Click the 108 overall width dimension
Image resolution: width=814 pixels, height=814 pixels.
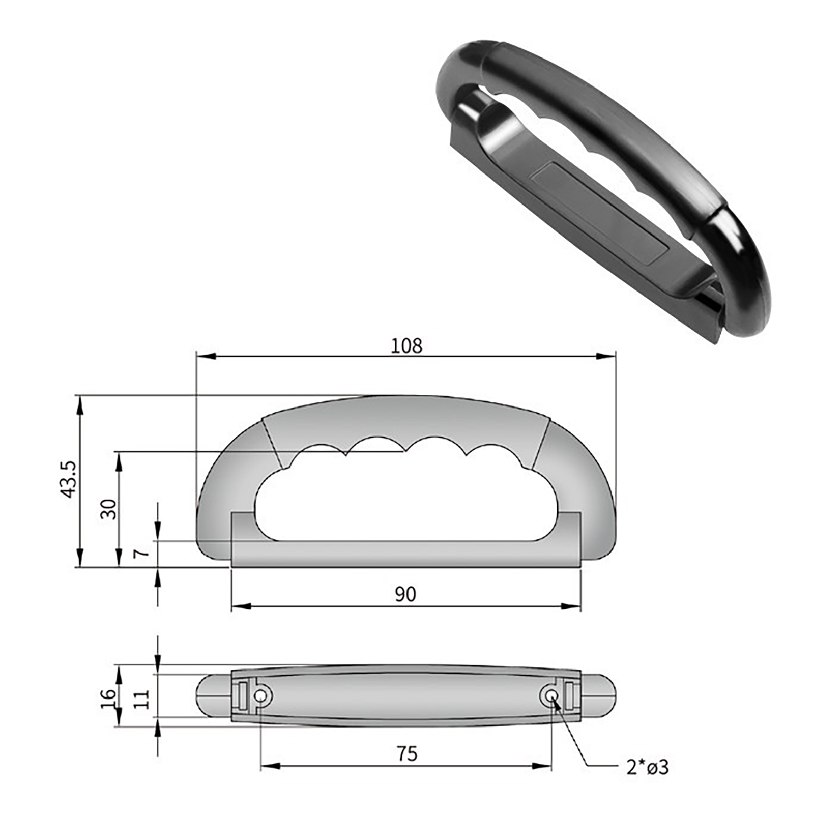(x=406, y=346)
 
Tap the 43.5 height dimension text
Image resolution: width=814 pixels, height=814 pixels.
(x=68, y=479)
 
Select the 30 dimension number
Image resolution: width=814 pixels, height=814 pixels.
(x=108, y=509)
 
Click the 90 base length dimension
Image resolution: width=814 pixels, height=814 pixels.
(x=405, y=594)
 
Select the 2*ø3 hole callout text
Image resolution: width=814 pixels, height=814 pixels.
(x=647, y=767)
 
